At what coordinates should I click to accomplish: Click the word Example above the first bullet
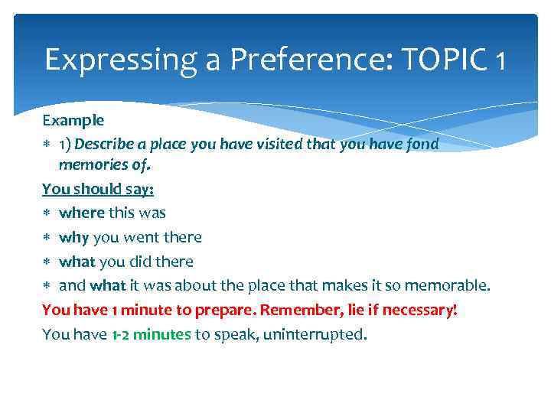(73, 121)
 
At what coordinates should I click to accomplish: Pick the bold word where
(82, 213)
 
